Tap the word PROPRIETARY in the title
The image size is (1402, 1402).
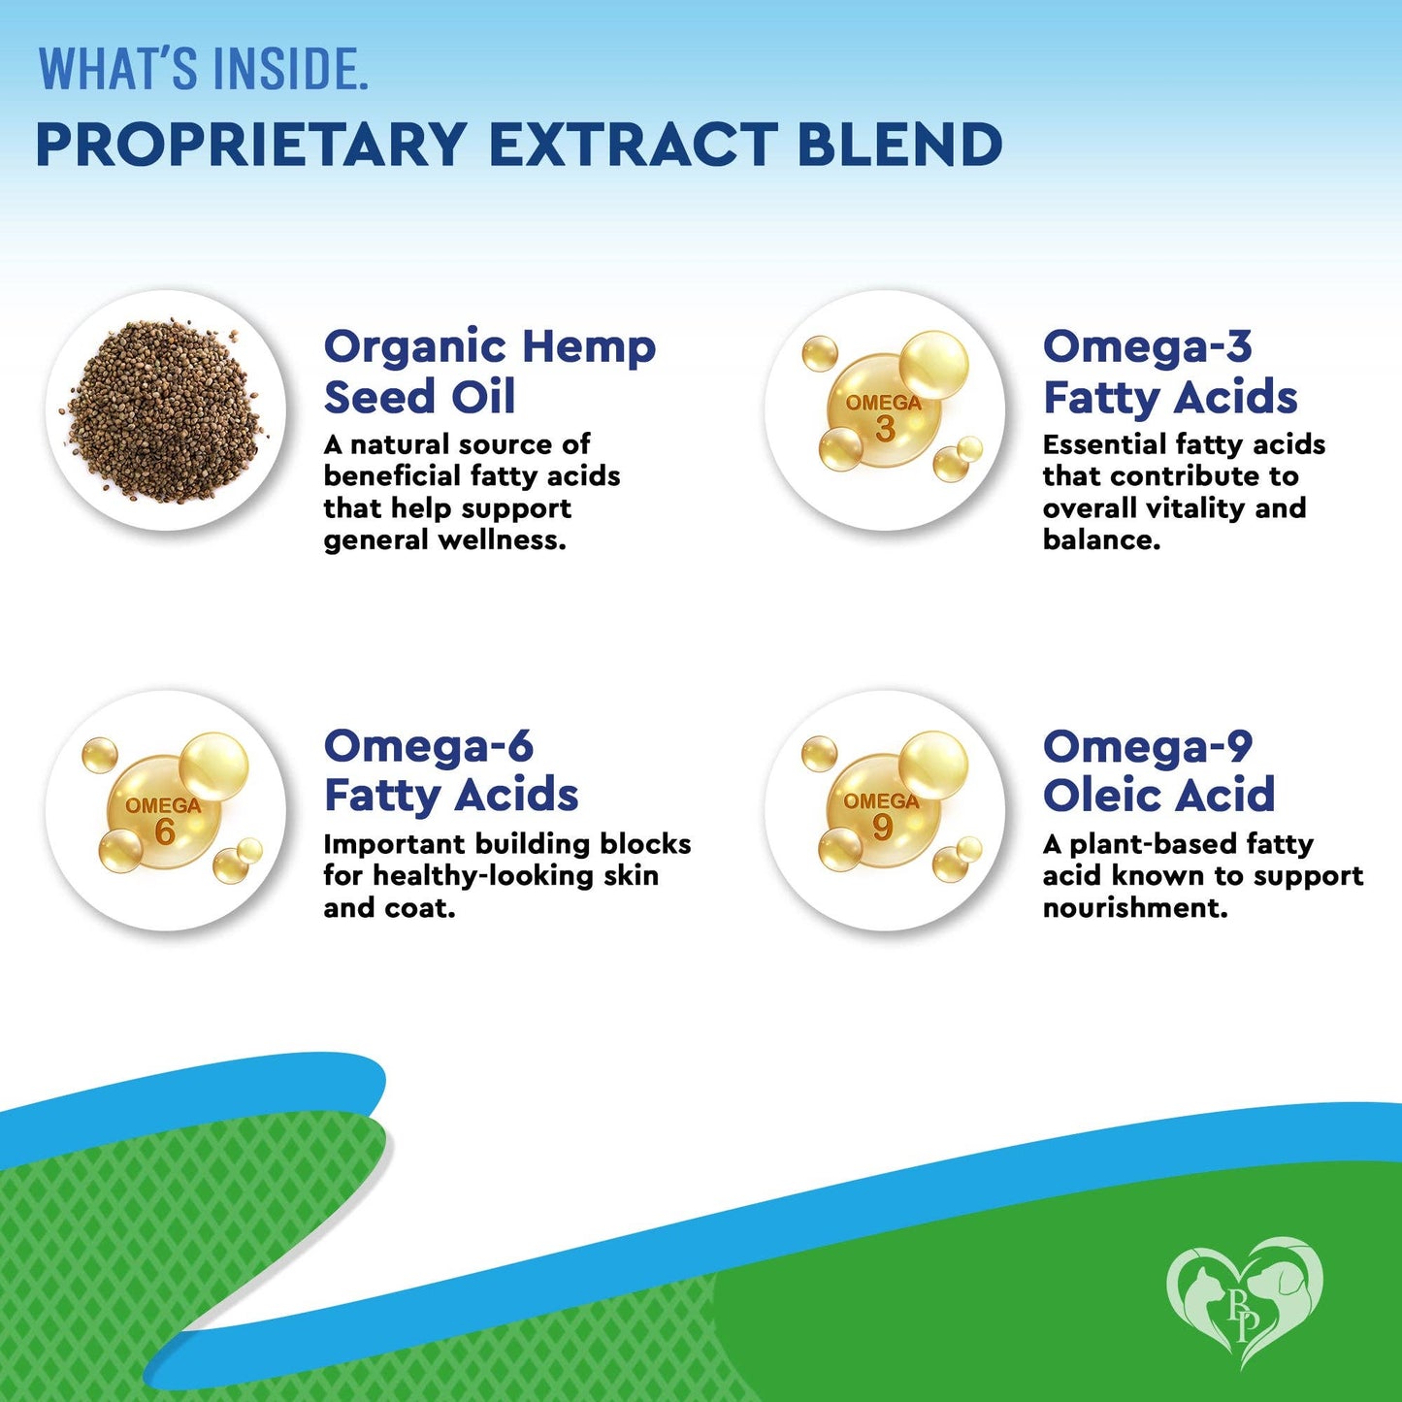[251, 145]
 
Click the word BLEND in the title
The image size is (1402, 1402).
[899, 145]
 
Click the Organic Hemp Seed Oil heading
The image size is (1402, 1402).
[489, 372]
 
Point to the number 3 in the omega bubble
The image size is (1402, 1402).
[884, 428]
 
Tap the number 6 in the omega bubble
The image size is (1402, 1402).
[165, 831]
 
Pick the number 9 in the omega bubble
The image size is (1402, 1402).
[882, 827]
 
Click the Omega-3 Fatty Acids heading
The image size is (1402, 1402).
[1169, 372]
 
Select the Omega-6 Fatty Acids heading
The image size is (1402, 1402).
[450, 770]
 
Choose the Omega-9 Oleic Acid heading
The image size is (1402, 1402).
[1157, 770]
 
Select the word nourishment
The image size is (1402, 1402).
[1134, 908]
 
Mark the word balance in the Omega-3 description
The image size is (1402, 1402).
[1100, 540]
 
